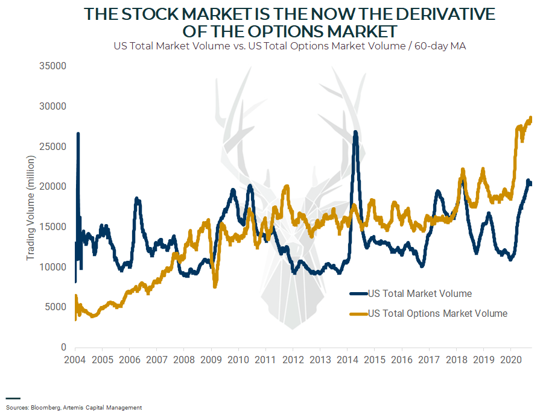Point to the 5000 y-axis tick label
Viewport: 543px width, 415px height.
tap(56, 307)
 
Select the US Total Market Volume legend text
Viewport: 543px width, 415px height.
tap(420, 294)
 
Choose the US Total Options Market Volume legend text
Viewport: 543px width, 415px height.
tap(437, 313)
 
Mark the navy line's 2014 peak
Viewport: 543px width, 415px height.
tap(356, 132)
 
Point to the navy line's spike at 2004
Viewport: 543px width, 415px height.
tap(78, 134)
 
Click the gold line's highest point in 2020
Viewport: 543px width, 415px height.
tap(531, 118)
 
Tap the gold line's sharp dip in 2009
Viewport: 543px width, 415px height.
tap(215, 286)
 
